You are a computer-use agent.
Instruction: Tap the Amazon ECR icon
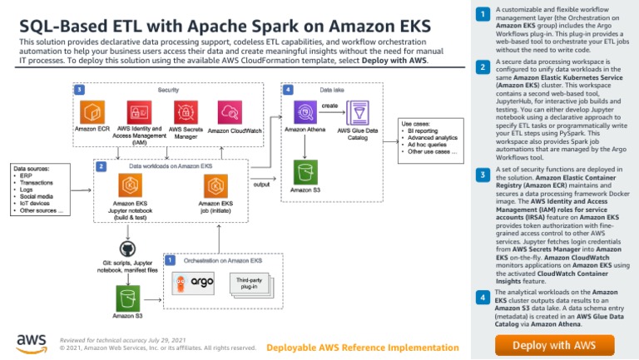92,112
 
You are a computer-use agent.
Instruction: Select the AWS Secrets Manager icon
186,112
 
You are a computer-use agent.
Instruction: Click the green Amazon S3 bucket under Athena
305,172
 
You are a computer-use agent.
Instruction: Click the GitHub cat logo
126,249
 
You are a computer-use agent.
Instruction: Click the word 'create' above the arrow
329,106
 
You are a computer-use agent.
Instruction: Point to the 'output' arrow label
261,185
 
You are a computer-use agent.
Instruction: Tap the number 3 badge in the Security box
78,89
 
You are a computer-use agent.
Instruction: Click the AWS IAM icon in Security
137,112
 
